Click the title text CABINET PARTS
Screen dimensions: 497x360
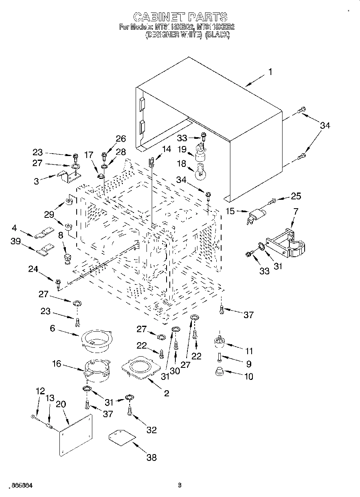[x=180, y=17]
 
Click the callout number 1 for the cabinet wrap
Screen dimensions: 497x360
[x=270, y=72]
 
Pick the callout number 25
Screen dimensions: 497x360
[x=295, y=197]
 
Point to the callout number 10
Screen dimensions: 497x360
[x=249, y=377]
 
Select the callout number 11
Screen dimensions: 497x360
[x=249, y=351]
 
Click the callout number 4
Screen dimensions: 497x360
[x=14, y=228]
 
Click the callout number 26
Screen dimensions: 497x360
[x=120, y=139]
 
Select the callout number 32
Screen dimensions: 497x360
[x=151, y=430]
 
